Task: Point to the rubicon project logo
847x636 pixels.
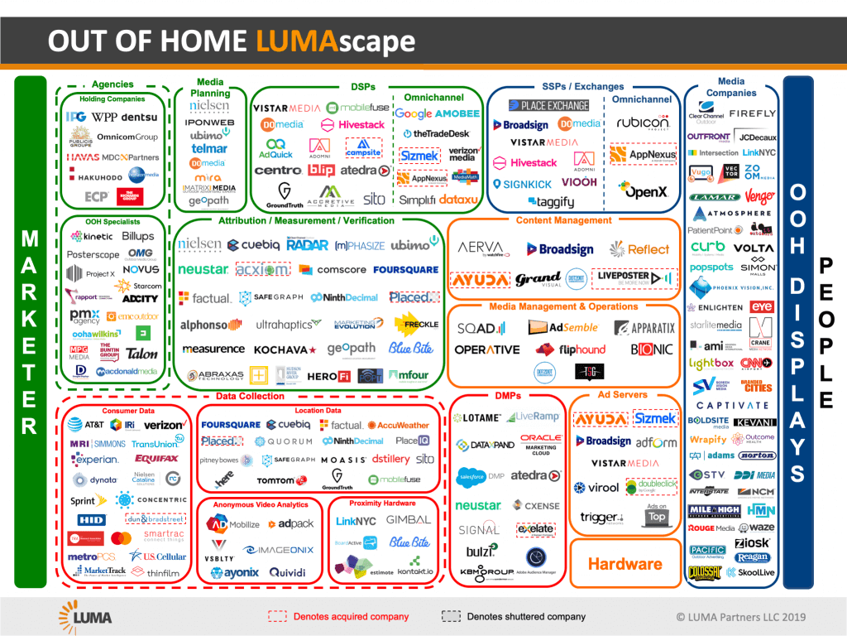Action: click(x=643, y=123)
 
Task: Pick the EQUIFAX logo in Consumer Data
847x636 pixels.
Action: click(x=156, y=459)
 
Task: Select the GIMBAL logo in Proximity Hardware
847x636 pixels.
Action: click(x=408, y=520)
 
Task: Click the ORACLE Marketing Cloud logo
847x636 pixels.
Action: click(x=541, y=443)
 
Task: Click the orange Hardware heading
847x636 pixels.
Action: click(x=624, y=564)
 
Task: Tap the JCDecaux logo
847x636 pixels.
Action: click(x=757, y=137)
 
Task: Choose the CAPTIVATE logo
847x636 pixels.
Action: click(x=732, y=406)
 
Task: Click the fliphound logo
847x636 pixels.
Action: click(x=571, y=349)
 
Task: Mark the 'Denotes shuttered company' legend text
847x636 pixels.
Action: click(x=526, y=616)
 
